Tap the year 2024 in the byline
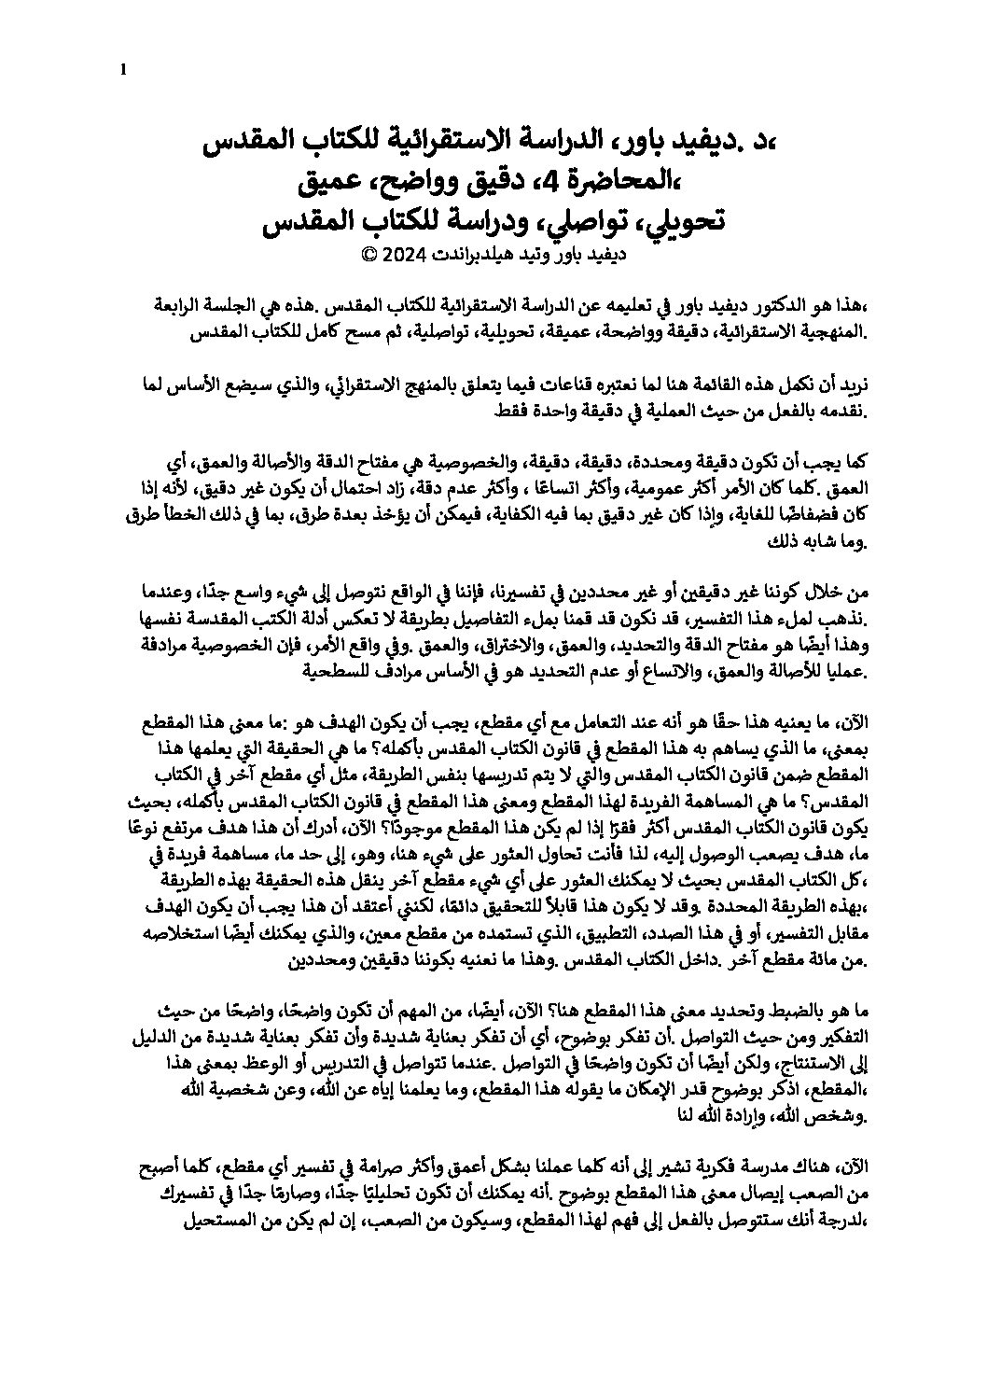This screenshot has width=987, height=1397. (x=400, y=253)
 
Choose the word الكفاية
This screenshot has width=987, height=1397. (x=499, y=513)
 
